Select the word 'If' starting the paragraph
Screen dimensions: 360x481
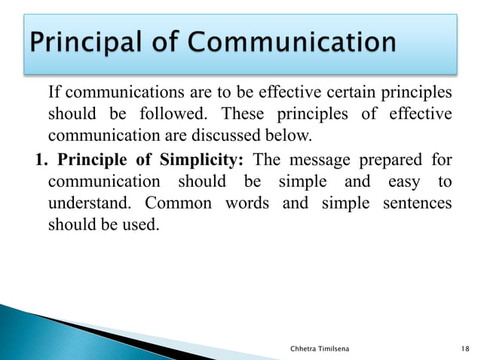coord(54,93)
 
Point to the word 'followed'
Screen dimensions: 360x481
coord(170,115)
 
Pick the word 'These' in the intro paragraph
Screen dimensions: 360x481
coord(244,115)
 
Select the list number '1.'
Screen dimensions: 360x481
coord(41,160)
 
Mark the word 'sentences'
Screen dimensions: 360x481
coord(419,204)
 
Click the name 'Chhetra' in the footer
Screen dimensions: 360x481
coord(305,348)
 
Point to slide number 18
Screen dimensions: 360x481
coord(465,348)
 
